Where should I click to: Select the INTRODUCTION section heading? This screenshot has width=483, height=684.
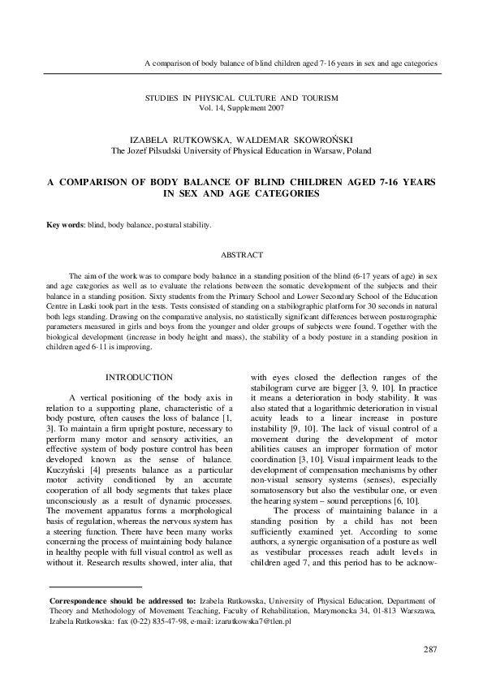tap(140, 377)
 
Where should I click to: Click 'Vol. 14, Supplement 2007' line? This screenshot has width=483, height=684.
tap(242, 107)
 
